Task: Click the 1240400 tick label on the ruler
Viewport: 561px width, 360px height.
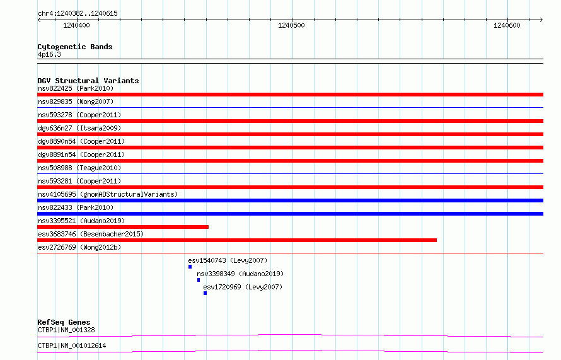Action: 76,25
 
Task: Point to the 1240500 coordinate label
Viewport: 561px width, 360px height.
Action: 291,25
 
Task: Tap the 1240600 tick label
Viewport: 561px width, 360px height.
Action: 507,25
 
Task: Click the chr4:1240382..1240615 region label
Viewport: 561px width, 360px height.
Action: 78,14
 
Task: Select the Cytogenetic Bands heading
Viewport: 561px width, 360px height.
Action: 75,47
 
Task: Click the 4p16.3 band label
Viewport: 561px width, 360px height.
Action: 49,54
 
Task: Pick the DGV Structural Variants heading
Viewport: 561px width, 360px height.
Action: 88,81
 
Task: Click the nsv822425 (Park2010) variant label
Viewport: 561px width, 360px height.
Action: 76,88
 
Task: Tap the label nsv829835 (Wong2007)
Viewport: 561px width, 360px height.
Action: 76,102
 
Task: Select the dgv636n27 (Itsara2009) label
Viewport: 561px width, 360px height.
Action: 79,128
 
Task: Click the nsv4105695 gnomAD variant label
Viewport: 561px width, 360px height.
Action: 108,194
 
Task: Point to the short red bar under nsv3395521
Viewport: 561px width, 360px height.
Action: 123,227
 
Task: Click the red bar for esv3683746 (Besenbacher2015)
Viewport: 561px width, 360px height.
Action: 237,240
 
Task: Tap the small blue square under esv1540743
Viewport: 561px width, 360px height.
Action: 190,267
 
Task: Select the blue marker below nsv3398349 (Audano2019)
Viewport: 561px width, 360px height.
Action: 199,280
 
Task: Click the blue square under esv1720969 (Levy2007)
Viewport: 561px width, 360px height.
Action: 205,293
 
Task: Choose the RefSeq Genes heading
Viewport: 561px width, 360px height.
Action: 64,322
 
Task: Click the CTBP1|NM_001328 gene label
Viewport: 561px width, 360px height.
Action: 67,330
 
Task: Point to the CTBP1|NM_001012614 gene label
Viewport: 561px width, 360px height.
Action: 72,345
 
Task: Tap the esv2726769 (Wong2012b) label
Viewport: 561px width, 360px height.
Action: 79,247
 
